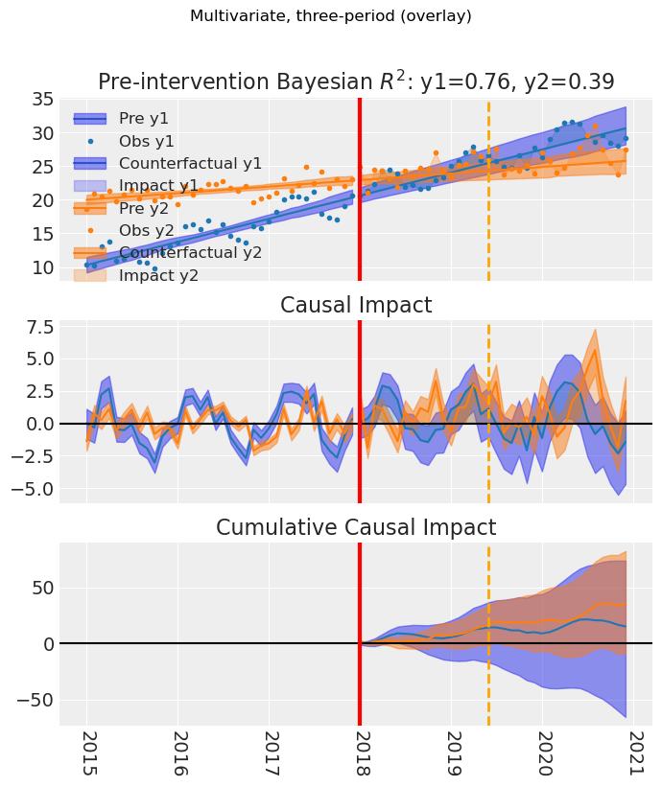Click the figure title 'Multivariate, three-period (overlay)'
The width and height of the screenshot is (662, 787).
(330, 16)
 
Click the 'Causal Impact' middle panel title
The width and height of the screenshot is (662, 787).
(356, 306)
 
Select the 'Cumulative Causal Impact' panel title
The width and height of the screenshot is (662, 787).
(356, 528)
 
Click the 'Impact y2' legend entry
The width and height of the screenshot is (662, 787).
(158, 275)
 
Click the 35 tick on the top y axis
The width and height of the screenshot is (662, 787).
(42, 100)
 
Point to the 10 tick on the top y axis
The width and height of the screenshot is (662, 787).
(42, 267)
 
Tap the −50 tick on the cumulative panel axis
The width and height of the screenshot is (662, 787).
(35, 699)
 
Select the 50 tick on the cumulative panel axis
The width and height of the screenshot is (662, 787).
(42, 588)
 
